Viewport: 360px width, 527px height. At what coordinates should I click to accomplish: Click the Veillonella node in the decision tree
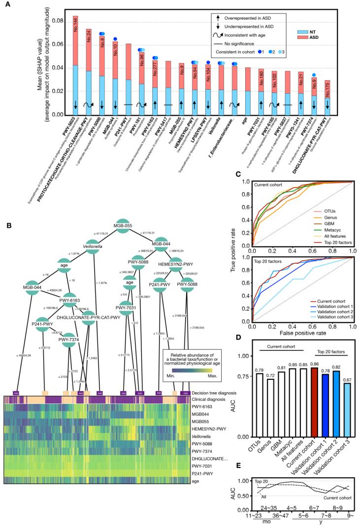[x=93, y=250]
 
